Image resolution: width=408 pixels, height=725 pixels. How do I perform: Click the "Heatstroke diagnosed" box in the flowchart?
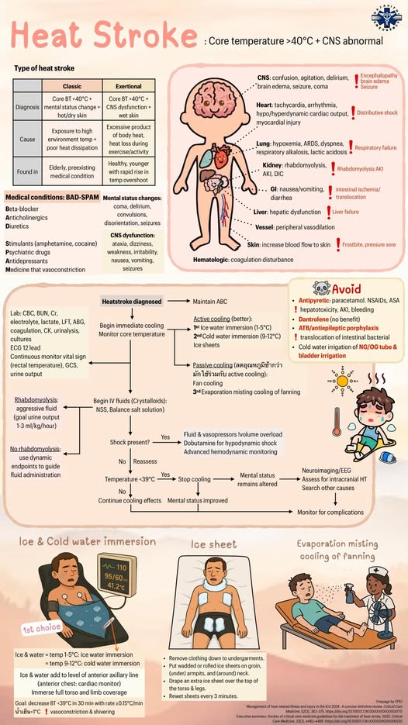pos(130,301)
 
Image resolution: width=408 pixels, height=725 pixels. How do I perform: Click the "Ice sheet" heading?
pos(213,544)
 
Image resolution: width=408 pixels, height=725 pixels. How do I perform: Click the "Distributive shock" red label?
pos(377,112)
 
